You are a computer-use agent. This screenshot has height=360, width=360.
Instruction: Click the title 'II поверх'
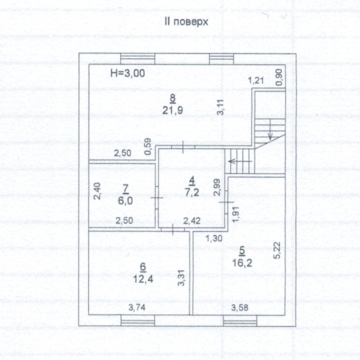coord(186,22)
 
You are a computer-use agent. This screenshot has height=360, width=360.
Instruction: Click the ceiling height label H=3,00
coord(128,73)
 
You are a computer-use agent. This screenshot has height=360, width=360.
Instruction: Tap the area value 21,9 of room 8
coord(173,110)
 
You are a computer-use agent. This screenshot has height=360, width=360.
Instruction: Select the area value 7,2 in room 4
coord(192,192)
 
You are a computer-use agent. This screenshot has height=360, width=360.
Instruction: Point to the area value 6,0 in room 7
coord(125,200)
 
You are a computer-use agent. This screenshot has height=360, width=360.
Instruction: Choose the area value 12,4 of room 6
coord(143,279)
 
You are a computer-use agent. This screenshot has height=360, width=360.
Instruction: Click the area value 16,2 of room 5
coord(242,263)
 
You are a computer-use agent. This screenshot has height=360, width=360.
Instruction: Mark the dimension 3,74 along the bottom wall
coord(137,308)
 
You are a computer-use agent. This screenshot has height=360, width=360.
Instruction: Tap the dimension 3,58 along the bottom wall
coord(240,308)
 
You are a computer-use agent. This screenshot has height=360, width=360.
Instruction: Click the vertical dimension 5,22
coord(277,250)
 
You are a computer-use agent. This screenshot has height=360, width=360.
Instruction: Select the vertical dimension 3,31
coord(181,278)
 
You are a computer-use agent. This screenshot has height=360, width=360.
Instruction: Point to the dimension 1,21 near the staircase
coord(256,80)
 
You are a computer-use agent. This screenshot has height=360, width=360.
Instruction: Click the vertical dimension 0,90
coord(278,77)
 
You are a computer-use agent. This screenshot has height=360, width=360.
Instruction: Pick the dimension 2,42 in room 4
coord(192,221)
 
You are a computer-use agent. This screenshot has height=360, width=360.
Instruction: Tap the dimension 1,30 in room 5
coord(214,238)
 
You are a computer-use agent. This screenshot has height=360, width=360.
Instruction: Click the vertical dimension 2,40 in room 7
coord(97,191)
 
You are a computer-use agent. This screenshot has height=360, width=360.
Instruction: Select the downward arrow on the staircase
coord(270,129)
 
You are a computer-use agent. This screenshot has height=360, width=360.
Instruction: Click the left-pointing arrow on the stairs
coord(240,161)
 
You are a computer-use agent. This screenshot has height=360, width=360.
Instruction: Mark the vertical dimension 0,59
coord(148,146)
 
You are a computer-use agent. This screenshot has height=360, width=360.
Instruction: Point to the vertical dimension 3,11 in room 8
coord(220,107)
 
